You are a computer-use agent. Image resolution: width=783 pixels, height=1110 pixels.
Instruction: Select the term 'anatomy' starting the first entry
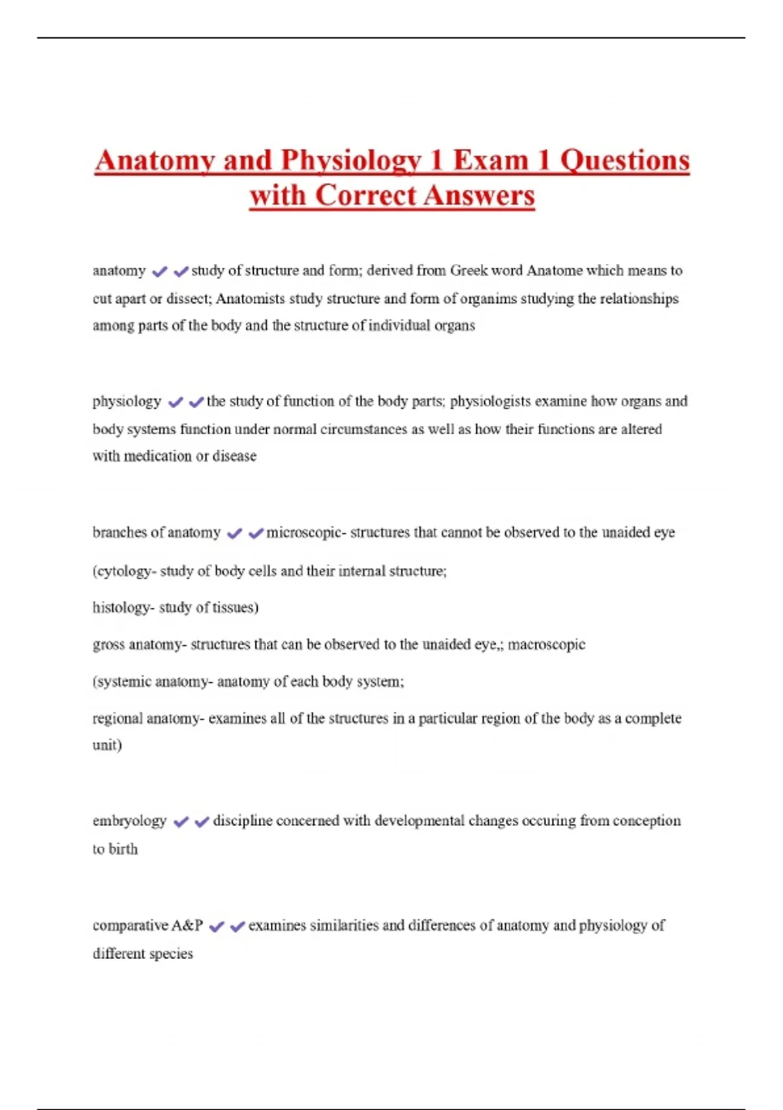click(x=119, y=270)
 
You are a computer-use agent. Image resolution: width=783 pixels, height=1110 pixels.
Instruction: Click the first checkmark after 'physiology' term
click(x=175, y=402)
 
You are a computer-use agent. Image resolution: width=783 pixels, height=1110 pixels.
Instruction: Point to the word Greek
click(x=468, y=270)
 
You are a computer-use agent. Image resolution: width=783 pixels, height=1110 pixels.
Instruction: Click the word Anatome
click(x=555, y=270)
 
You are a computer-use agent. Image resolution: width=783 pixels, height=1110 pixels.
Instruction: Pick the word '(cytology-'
click(x=124, y=571)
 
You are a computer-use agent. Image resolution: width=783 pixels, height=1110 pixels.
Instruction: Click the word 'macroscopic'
click(x=546, y=644)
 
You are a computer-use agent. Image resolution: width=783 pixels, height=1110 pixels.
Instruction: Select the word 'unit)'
click(x=107, y=745)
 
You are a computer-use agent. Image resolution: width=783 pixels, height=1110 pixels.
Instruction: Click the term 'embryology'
click(x=129, y=821)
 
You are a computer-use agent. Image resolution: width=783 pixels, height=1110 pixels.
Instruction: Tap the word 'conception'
click(x=647, y=821)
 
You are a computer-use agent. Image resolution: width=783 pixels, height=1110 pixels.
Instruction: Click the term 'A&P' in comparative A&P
click(x=187, y=925)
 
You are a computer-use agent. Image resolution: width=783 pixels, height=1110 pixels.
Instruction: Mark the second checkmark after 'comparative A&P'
click(x=238, y=926)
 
